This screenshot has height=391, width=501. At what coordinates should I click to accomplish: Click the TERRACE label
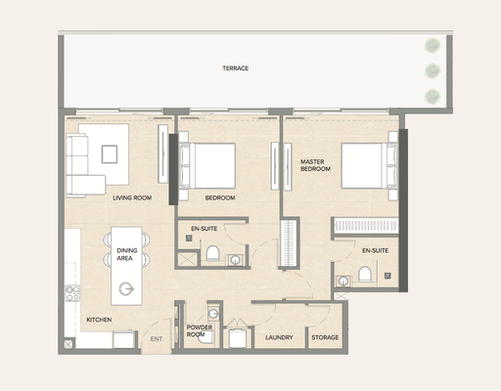click(x=236, y=68)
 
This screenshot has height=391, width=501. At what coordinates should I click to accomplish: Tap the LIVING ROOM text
click(x=132, y=197)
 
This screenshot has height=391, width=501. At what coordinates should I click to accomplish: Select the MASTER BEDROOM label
click(x=315, y=165)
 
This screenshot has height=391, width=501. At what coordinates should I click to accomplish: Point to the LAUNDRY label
click(x=279, y=337)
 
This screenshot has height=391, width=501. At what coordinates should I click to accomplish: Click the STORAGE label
click(x=325, y=337)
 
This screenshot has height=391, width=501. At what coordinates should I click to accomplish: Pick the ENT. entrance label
click(x=157, y=339)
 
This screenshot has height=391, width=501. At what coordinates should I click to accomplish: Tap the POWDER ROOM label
click(x=200, y=330)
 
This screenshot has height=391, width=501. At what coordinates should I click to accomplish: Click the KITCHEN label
click(x=99, y=320)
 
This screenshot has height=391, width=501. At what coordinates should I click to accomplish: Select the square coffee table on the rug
click(x=110, y=154)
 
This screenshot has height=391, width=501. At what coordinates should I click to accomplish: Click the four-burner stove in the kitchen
click(x=72, y=293)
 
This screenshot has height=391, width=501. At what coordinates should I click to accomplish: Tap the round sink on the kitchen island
click(x=126, y=288)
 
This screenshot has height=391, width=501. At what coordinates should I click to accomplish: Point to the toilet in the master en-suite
click(x=365, y=275)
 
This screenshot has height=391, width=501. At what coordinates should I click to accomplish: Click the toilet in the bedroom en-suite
click(x=212, y=253)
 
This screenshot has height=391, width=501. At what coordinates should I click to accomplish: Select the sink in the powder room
click(x=213, y=314)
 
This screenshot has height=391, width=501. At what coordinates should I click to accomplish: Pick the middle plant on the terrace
click(x=433, y=70)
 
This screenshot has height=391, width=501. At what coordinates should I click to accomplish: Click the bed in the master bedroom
click(x=369, y=166)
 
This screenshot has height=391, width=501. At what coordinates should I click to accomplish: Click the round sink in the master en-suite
click(x=342, y=282)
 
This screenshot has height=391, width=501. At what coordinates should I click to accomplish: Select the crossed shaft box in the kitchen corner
click(x=68, y=344)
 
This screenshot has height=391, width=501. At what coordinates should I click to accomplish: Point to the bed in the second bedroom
click(x=207, y=166)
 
